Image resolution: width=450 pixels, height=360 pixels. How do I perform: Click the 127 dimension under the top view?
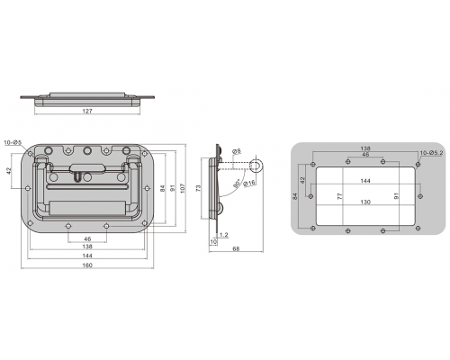tap(87, 111)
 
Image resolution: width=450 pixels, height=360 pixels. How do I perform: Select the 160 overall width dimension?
tap(87, 265)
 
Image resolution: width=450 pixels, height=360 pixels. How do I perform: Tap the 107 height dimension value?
tap(183, 188)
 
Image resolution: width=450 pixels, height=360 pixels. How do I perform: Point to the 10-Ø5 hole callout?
tap(13, 142)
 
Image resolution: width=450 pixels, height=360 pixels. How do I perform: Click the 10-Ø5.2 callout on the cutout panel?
tap(431, 153)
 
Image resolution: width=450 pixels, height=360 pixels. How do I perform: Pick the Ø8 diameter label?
tap(237, 151)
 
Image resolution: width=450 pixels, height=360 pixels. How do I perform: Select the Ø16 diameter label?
tap(249, 183)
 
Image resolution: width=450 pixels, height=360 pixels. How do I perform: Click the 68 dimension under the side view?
tap(236, 248)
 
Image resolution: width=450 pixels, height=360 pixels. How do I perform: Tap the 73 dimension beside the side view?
tap(198, 188)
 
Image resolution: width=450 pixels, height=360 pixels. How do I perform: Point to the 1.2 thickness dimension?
tap(224, 235)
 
